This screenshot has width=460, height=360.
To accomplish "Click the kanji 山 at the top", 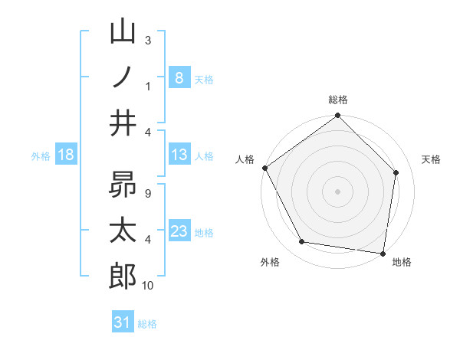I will coord(123,33).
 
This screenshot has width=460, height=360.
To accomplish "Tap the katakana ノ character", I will coord(123,77).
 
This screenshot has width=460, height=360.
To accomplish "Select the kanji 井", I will coord(123,123).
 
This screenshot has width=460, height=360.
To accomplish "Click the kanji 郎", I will coord(123,276).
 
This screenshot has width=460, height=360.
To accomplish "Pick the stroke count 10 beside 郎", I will coord(148,286).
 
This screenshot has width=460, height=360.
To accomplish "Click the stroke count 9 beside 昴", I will coord(147,194).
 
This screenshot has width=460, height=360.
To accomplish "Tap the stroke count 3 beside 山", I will coord(147,40).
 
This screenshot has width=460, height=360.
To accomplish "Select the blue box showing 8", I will coord(179,77).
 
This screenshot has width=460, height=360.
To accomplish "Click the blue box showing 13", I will coord(179,155).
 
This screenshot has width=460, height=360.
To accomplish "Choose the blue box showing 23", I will coord(179,231).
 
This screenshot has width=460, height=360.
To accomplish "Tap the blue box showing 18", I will coord(65,155).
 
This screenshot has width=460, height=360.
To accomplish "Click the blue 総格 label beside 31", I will coord(147,324).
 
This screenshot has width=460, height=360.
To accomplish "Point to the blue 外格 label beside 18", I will coord(41,156).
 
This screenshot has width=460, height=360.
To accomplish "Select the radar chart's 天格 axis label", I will coord(432,159).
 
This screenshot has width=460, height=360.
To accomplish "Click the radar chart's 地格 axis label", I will coord(402,262).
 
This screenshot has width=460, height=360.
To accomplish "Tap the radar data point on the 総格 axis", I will coord(337,116).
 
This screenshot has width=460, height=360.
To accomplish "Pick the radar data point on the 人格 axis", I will coord(264,168).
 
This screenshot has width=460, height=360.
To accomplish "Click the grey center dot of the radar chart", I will coord(337,191).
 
